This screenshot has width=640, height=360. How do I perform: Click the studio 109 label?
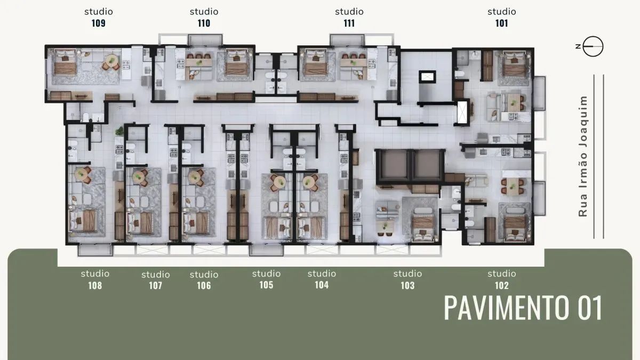99,17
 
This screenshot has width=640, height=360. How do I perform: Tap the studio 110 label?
204,17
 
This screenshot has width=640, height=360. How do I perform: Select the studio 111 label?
349,17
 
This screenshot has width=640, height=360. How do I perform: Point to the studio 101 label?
502,17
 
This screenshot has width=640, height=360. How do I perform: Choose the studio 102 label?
502,279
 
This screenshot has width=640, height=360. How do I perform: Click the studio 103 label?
407,279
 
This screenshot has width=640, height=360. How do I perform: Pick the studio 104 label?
322,279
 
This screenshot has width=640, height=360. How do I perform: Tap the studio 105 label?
266,279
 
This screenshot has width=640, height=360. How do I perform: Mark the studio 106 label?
204,280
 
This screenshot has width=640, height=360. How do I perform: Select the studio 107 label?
156,280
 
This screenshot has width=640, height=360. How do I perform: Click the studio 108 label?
95,279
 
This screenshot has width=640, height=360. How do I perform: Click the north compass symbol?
592,47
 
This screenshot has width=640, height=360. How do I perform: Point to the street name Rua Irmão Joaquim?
583,156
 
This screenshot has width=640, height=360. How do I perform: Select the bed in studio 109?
66,62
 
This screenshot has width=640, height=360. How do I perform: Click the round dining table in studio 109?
112,60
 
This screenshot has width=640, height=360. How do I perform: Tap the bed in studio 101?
514,65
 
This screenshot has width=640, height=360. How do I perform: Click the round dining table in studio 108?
83,173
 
